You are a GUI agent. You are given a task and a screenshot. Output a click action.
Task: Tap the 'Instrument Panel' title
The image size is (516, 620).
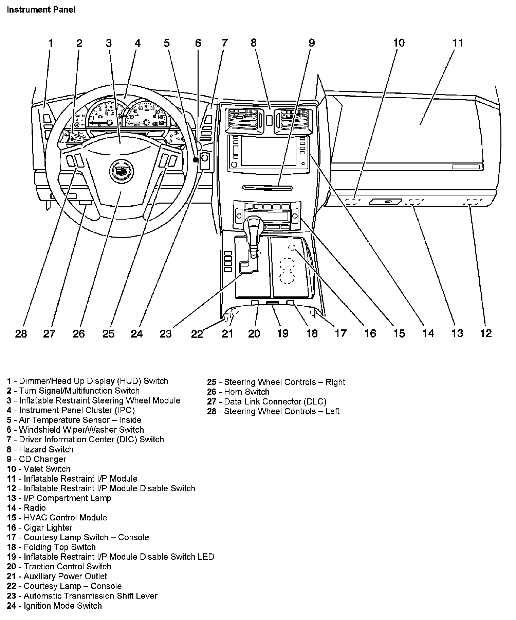41,10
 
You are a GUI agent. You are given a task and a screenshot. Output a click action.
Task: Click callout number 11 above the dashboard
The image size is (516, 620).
458,43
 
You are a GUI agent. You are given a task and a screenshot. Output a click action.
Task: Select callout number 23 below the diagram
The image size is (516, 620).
166,333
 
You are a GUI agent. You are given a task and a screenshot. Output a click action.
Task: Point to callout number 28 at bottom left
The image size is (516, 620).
21,333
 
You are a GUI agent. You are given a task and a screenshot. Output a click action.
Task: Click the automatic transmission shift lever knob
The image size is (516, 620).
253,224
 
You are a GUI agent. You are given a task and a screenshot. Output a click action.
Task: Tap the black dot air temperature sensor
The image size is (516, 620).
195,160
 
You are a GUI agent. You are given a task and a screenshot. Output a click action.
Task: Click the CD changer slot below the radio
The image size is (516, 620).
268,187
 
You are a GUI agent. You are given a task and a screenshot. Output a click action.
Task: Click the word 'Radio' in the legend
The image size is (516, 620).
35,508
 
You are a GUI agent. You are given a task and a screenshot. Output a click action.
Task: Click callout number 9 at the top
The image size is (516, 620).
312,43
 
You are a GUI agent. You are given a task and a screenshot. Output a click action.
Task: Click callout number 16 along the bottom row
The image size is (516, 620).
370,333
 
